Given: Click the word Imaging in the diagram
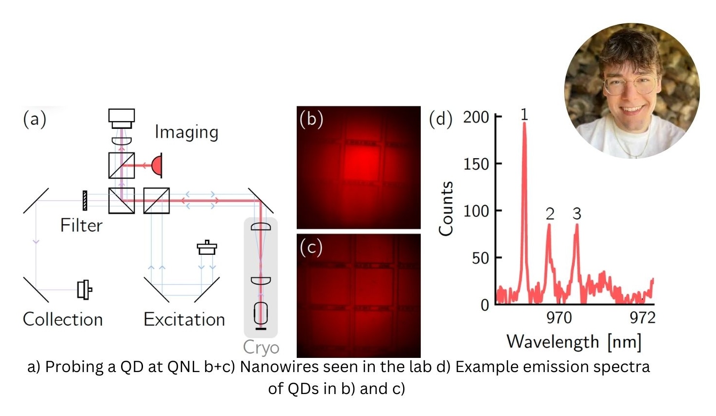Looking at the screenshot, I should (x=186, y=132).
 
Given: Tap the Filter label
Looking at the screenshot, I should (x=81, y=226).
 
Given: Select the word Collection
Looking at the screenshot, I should (x=63, y=319).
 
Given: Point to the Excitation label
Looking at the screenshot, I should (x=184, y=319).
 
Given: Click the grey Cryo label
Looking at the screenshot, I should (x=261, y=347).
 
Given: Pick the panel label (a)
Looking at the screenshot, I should (x=35, y=119).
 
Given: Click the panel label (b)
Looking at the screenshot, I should (x=311, y=119).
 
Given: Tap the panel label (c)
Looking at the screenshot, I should (x=311, y=248).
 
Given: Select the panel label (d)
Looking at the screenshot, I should (x=441, y=119).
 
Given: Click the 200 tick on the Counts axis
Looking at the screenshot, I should (x=476, y=117).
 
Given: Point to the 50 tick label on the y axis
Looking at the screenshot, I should (x=480, y=258).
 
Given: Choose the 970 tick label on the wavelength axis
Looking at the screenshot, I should (x=559, y=318).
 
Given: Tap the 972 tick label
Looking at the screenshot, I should (x=642, y=318).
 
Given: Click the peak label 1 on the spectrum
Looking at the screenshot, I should (x=524, y=115).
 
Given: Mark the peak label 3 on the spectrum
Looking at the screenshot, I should (x=577, y=214).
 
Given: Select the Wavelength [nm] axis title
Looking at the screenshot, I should (x=574, y=342).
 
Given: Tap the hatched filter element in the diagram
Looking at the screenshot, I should (x=85, y=201).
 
